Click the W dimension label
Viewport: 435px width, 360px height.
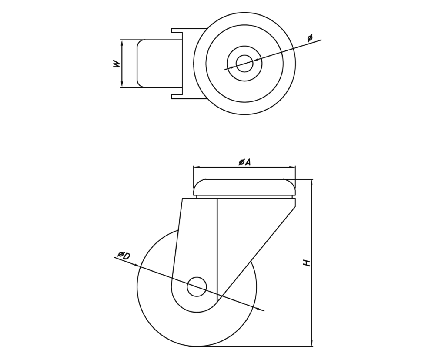coord(116,64)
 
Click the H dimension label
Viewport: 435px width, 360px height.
coord(307,263)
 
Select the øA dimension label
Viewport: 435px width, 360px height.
coord(244,162)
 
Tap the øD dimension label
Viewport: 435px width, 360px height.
coord(124,256)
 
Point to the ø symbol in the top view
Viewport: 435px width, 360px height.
coord(310,38)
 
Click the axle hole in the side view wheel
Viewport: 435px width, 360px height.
coord(197,286)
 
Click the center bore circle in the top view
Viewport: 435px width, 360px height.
coord(244,63)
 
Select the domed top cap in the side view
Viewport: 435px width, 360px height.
coord(244,187)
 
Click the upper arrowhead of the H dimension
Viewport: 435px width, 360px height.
coord(312,182)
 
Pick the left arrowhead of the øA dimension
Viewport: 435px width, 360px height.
coord(196,167)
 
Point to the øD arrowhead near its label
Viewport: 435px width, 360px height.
coord(137,264)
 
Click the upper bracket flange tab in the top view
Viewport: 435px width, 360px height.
coord(177,31)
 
